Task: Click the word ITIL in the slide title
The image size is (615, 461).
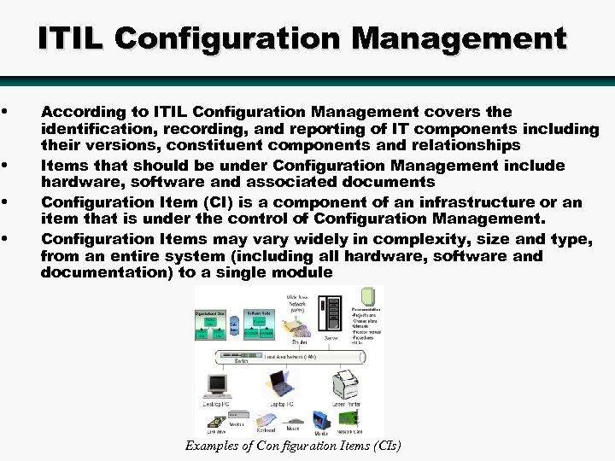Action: pos(72,38)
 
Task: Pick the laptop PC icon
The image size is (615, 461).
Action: pos(281,384)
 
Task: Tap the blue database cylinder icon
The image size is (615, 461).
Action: pos(233,329)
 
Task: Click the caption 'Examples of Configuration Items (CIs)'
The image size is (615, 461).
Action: pos(293,446)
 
